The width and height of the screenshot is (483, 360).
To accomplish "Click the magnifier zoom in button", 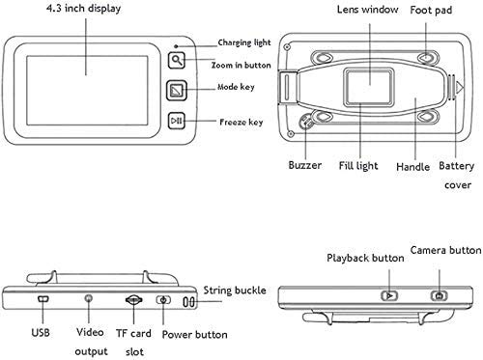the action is click(177, 60).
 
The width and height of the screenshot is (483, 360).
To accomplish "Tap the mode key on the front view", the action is click(177, 91).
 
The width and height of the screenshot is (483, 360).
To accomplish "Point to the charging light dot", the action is click(176, 46).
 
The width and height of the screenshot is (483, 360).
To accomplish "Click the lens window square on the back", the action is click(369, 87).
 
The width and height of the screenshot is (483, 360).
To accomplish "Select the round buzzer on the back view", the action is click(305, 122).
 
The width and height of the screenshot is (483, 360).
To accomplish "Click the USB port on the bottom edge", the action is click(43, 299).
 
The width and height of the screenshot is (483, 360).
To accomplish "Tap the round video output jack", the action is click(89, 298).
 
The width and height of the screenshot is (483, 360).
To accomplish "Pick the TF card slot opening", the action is click(133, 300).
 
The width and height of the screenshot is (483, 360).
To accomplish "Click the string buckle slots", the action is click(188, 302).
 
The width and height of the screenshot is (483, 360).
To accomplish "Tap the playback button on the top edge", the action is click(389, 295).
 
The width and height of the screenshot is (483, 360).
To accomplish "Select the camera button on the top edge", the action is click(440, 295).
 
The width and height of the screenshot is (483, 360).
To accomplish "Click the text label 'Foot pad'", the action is click(431, 11).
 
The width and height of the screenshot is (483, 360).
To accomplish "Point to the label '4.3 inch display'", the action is click(83, 9).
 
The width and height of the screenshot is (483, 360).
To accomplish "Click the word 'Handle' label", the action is click(412, 167).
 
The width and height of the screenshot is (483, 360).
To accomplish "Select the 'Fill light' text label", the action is click(358, 166).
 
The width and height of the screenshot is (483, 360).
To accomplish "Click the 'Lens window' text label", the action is click(367, 10).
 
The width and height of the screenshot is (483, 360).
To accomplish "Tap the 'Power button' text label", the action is click(194, 335).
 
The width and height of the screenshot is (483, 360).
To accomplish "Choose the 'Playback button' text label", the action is click(365, 258).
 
